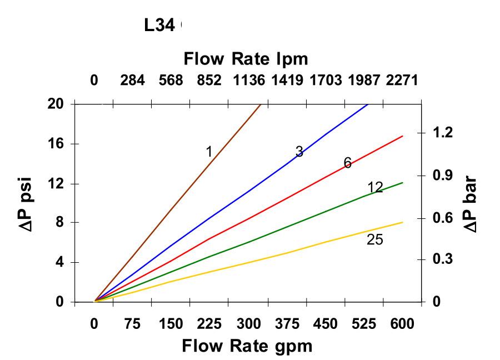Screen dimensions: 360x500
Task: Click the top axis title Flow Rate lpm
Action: click(246, 58)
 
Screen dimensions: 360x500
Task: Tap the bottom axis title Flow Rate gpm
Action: click(247, 346)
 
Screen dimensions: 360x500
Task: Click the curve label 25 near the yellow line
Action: click(375, 240)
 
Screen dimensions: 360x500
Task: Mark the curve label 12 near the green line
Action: click(375, 188)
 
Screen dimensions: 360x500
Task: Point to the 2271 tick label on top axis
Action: click(402, 81)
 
